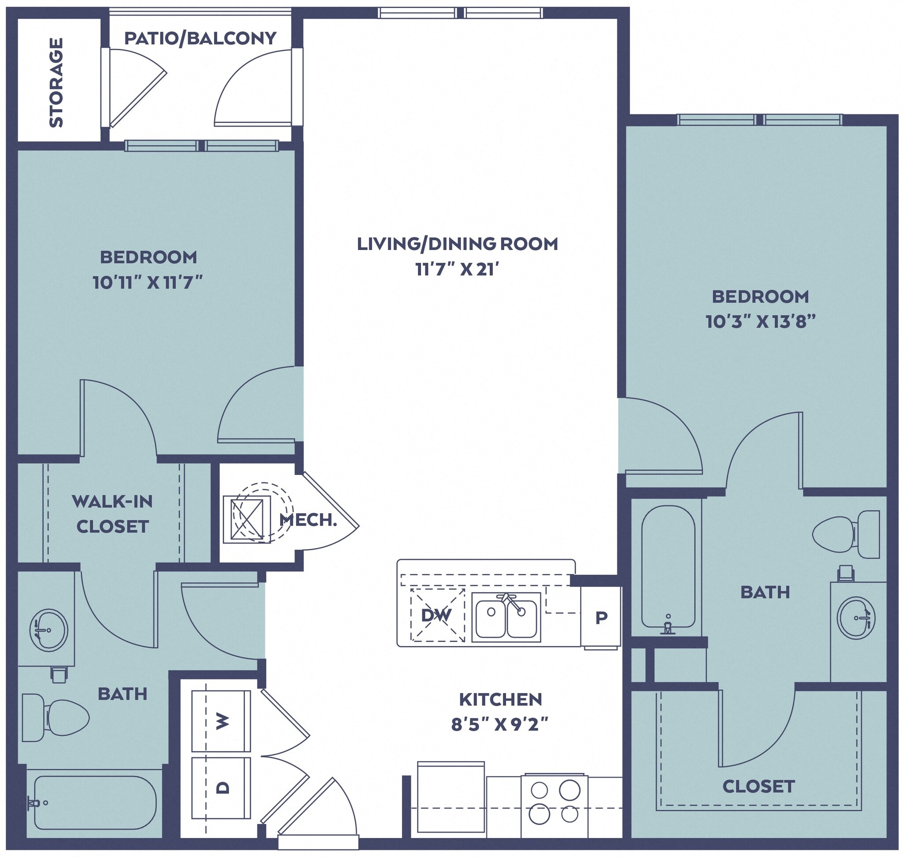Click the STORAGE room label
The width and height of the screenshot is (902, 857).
(x=56, y=82)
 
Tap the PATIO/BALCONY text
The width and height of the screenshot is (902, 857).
(x=200, y=38)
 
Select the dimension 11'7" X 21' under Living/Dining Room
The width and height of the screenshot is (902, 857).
(x=457, y=269)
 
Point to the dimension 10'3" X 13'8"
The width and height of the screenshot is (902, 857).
(x=760, y=322)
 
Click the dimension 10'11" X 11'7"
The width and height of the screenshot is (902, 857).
(x=148, y=283)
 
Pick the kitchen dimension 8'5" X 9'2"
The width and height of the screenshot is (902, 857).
(x=500, y=725)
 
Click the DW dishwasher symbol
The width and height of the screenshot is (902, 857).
(x=436, y=615)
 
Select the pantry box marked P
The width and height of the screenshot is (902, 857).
(x=601, y=617)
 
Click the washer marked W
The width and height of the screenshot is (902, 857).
(x=221, y=721)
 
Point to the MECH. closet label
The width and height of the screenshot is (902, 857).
(x=308, y=519)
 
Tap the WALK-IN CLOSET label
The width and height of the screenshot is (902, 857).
(x=112, y=514)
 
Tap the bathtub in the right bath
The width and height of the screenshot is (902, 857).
(x=668, y=566)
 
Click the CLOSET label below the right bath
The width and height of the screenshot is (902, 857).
(x=758, y=786)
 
